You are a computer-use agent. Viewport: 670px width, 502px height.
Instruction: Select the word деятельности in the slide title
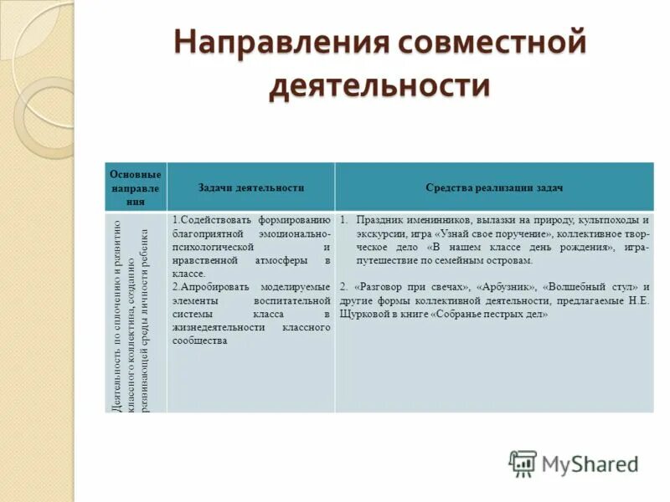click(x=379, y=86)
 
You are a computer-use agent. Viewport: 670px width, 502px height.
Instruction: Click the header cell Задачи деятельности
click(x=250, y=188)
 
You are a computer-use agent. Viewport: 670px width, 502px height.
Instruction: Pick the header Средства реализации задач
click(x=493, y=188)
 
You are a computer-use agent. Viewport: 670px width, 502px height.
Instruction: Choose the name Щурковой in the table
click(x=366, y=315)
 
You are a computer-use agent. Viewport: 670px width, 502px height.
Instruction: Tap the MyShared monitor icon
click(x=523, y=464)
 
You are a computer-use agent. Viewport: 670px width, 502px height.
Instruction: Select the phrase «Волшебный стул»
click(x=590, y=287)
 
